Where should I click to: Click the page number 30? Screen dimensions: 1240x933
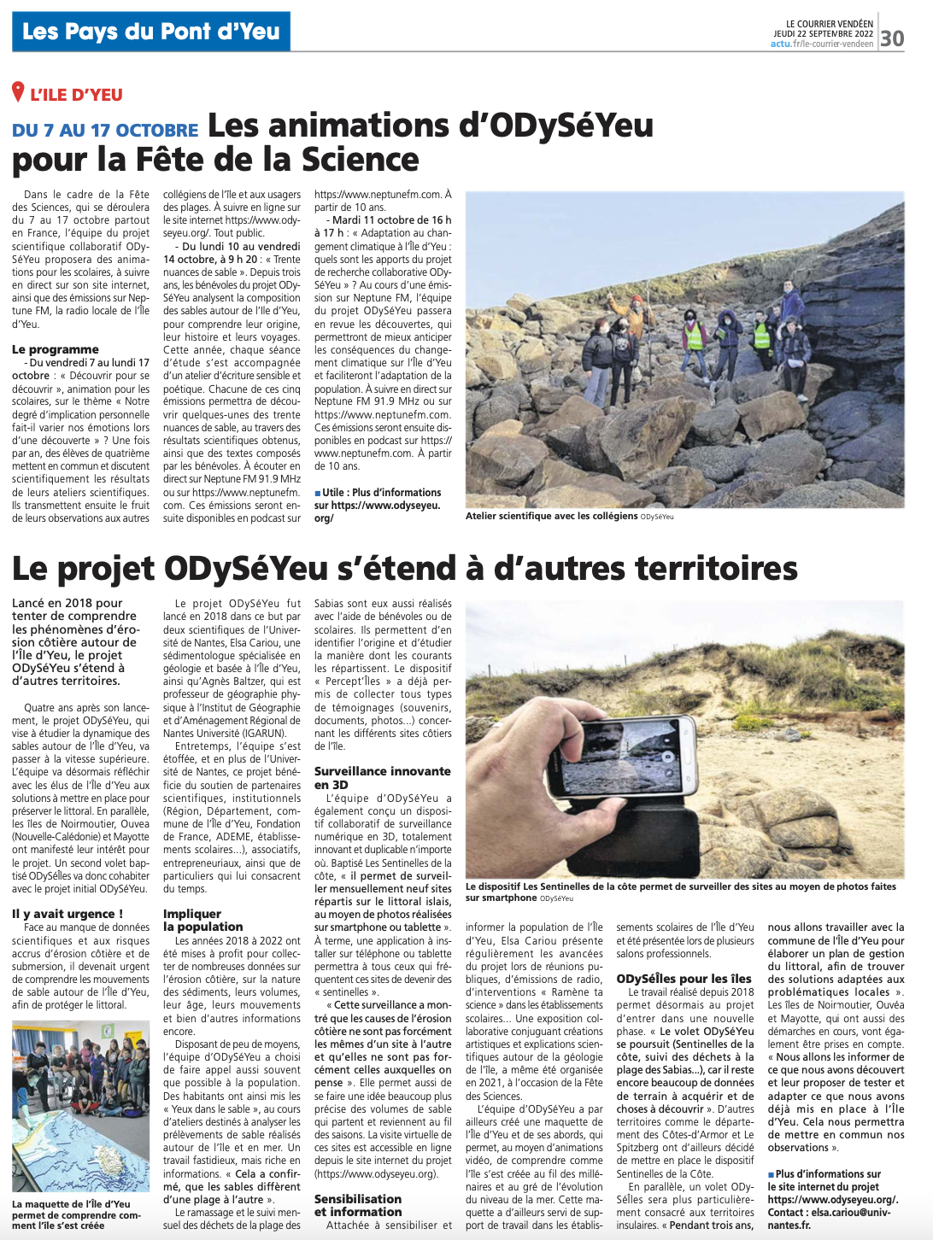pos(892,38)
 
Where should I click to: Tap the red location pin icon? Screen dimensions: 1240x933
pos(18,92)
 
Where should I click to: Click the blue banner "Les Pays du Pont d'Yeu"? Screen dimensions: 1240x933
pos(151,32)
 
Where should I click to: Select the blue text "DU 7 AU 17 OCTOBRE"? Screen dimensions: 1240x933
pos(105,130)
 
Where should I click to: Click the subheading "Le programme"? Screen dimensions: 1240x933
pos(56,349)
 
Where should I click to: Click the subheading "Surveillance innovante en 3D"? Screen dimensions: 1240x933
pos(382,777)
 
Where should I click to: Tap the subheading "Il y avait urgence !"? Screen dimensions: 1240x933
pos(67,914)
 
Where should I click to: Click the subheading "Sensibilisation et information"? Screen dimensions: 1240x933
pos(357,1205)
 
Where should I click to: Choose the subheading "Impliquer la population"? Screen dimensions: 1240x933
pos(203,920)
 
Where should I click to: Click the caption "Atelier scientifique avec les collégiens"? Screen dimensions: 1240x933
pos(551,516)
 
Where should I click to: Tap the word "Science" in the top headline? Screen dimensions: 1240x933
pos(361,160)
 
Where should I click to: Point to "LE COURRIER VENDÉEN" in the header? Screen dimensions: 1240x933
pos(830,24)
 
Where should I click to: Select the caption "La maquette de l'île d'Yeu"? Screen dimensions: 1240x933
pos(72,1204)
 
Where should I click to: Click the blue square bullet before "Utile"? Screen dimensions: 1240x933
pos(318,493)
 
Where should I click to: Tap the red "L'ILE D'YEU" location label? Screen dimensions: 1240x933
pos(76,95)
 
